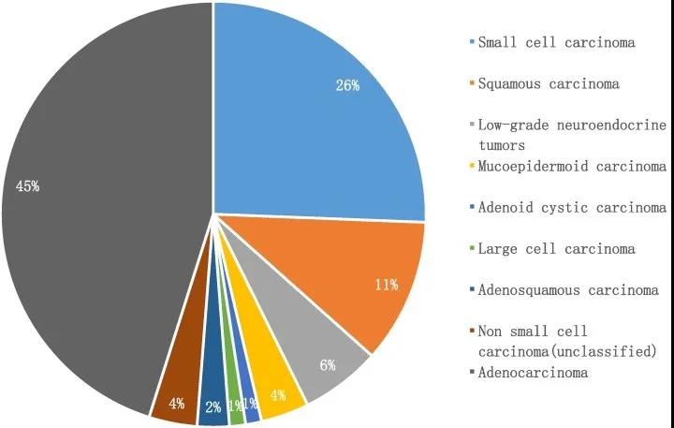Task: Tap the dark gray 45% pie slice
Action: (x=103, y=215)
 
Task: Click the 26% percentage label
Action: (x=347, y=84)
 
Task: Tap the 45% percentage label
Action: (x=27, y=186)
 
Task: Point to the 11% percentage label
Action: (x=387, y=284)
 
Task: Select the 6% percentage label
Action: (x=328, y=365)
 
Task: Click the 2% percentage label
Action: (x=212, y=406)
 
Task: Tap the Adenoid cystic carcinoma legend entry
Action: (x=572, y=208)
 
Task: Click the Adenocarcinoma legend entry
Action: (x=533, y=373)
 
